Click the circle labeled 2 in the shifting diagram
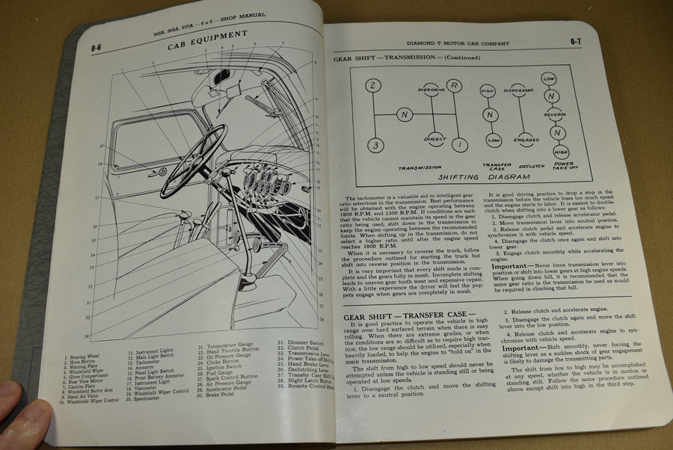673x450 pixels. click(372, 85)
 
